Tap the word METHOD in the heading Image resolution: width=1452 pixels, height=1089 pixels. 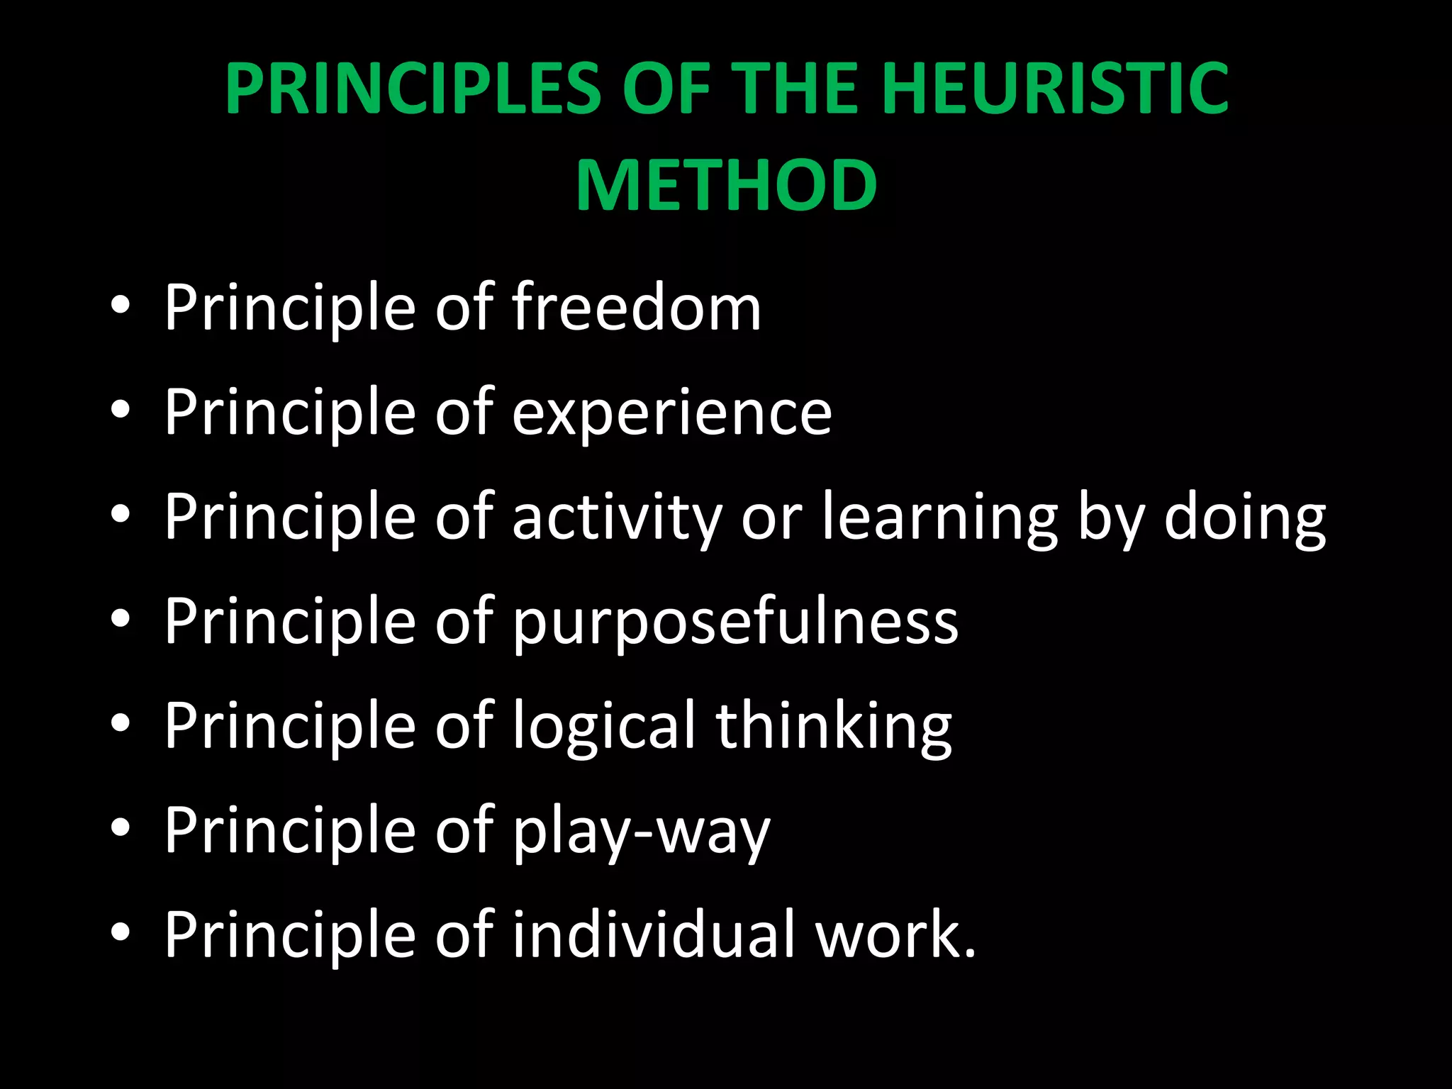click(x=727, y=185)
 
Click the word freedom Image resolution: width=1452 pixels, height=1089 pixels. click(x=636, y=308)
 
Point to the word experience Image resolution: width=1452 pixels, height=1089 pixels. click(x=671, y=413)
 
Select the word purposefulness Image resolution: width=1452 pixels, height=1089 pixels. click(x=735, y=622)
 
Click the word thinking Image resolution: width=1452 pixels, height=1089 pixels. click(x=834, y=727)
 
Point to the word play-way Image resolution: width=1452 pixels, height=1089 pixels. click(x=641, y=831)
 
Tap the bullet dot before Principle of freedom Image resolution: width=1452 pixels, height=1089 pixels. click(x=121, y=306)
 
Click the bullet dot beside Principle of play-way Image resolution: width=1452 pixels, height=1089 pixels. click(x=121, y=827)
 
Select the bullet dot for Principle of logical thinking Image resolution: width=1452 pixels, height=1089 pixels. click(x=121, y=723)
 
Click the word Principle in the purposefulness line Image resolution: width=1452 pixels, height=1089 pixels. click(x=289, y=622)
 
